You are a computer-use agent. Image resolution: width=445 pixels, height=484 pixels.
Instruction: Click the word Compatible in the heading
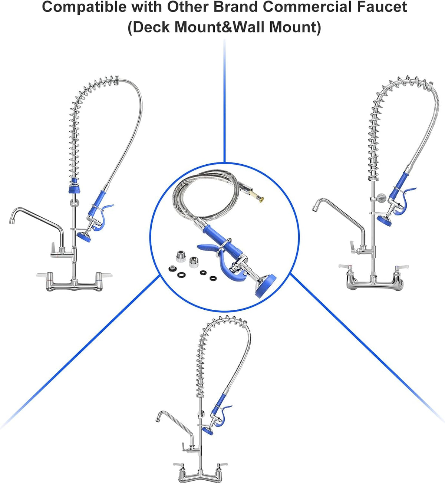(83, 7)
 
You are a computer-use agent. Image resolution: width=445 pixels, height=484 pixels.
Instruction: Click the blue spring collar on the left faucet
(74, 186)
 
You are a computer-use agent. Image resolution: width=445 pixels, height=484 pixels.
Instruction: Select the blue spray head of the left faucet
(84, 237)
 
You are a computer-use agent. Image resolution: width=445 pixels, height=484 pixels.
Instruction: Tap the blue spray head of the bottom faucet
(208, 431)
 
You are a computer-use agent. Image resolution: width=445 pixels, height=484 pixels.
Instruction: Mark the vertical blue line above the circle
(224, 101)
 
